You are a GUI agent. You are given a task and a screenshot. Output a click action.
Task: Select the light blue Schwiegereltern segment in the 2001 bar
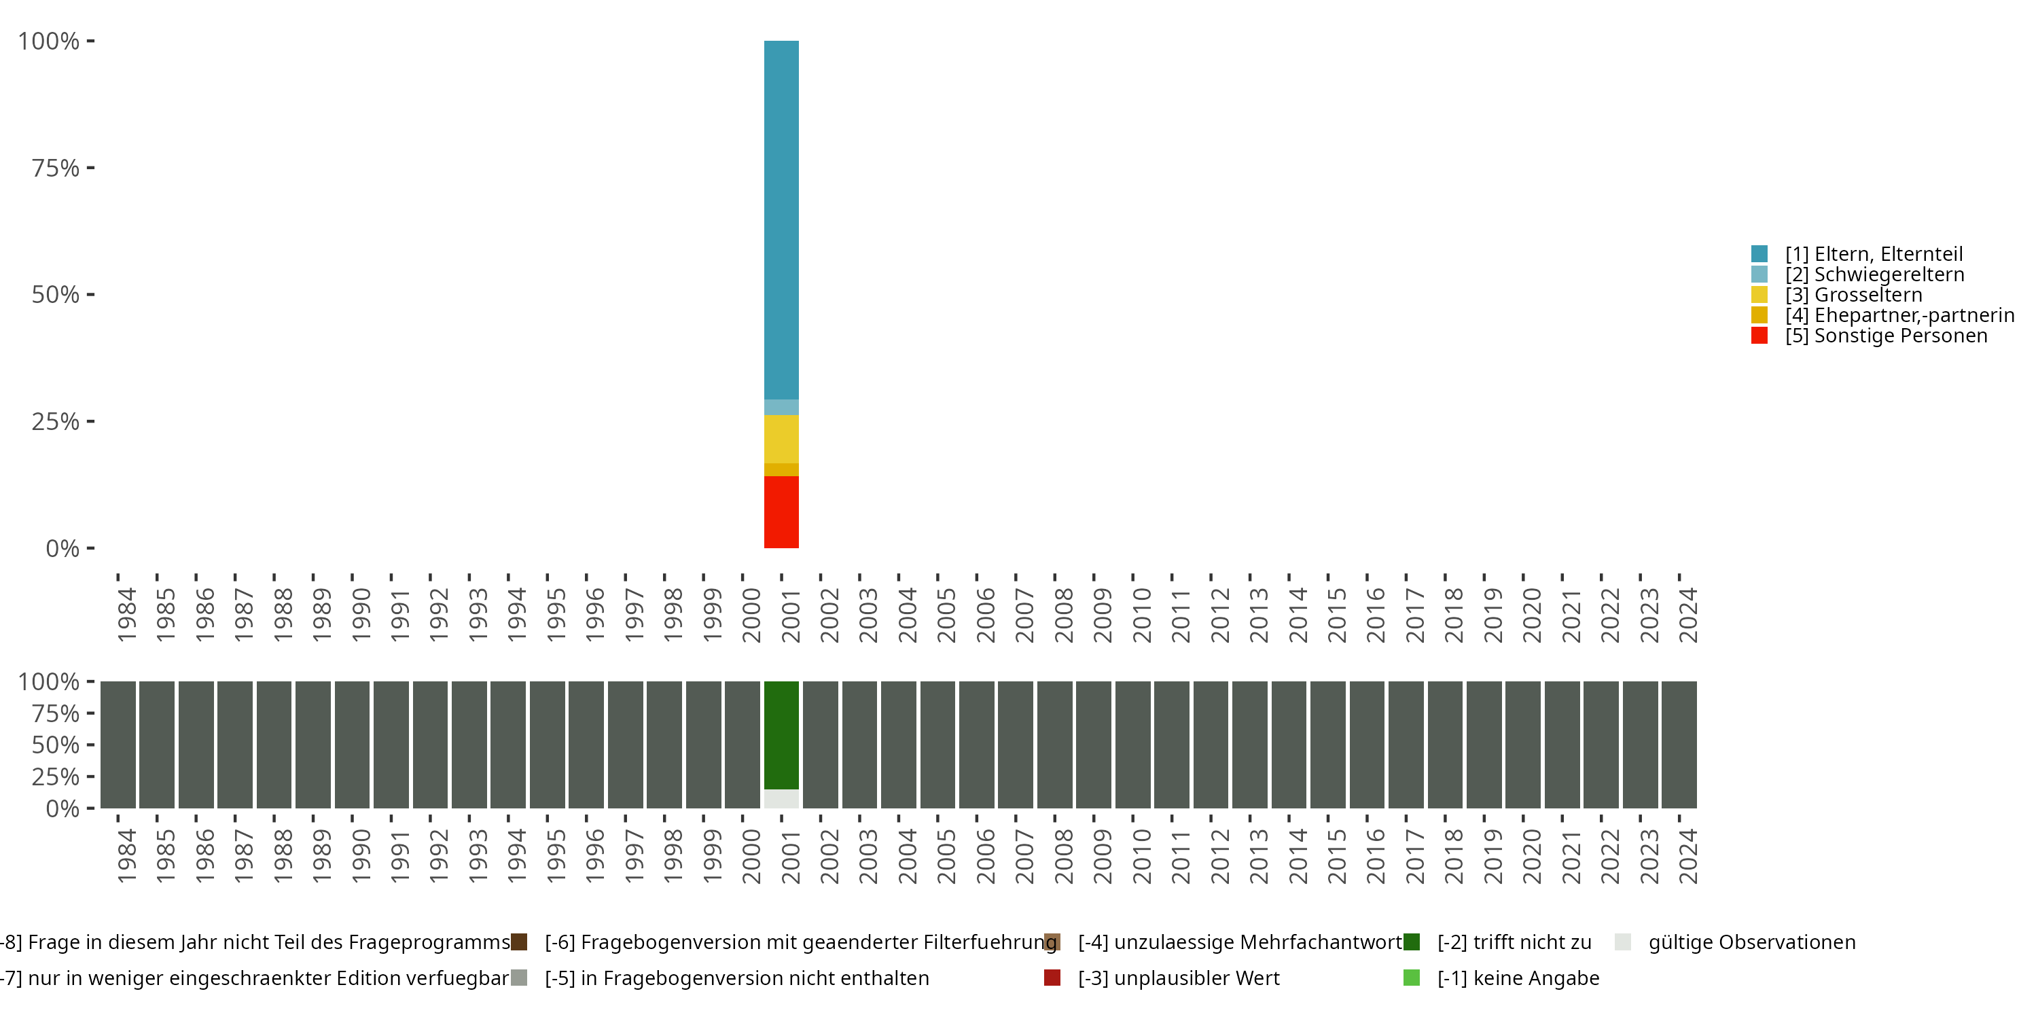click(781, 408)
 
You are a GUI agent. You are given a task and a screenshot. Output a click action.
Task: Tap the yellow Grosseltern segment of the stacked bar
click(781, 439)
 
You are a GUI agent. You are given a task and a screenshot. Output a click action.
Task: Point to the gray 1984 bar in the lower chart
click(118, 745)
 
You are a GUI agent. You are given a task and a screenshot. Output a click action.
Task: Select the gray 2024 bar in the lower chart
click(1679, 745)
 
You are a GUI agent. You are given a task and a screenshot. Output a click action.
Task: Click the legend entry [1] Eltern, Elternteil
click(1874, 254)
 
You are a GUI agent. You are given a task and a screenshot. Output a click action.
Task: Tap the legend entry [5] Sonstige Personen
click(1885, 336)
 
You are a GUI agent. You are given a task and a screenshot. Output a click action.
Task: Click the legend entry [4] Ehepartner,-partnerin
click(1899, 315)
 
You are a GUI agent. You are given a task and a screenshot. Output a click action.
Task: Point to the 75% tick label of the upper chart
click(56, 168)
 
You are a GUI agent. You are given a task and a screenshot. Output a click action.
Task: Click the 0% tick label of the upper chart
click(62, 548)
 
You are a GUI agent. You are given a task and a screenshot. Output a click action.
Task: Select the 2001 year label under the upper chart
click(790, 615)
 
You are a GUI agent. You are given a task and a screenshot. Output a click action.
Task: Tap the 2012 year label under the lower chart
click(1219, 856)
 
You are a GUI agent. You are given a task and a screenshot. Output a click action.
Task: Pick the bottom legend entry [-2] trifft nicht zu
click(1514, 942)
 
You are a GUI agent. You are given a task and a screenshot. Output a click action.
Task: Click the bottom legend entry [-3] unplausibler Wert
click(1178, 978)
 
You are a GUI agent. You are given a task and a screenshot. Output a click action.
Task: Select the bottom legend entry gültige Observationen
click(1751, 942)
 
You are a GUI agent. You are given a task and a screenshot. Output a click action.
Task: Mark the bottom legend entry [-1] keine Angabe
click(1518, 978)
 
